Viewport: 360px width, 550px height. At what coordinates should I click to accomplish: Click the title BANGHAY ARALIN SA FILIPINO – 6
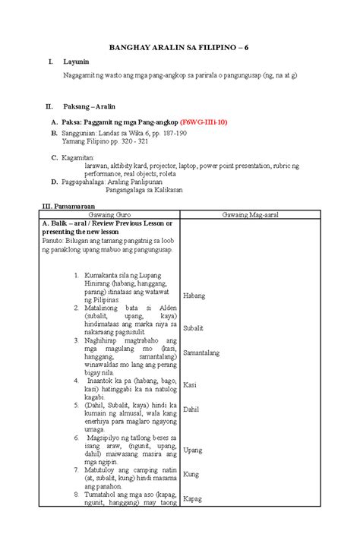180,47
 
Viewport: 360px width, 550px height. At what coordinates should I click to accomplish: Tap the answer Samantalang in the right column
207,352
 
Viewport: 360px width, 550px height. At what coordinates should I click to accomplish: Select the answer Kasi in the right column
191,385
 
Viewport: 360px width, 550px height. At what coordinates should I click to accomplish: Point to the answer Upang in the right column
193,450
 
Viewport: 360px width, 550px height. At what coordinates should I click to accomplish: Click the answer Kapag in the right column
193,498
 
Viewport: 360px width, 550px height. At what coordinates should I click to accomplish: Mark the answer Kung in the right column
191,474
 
